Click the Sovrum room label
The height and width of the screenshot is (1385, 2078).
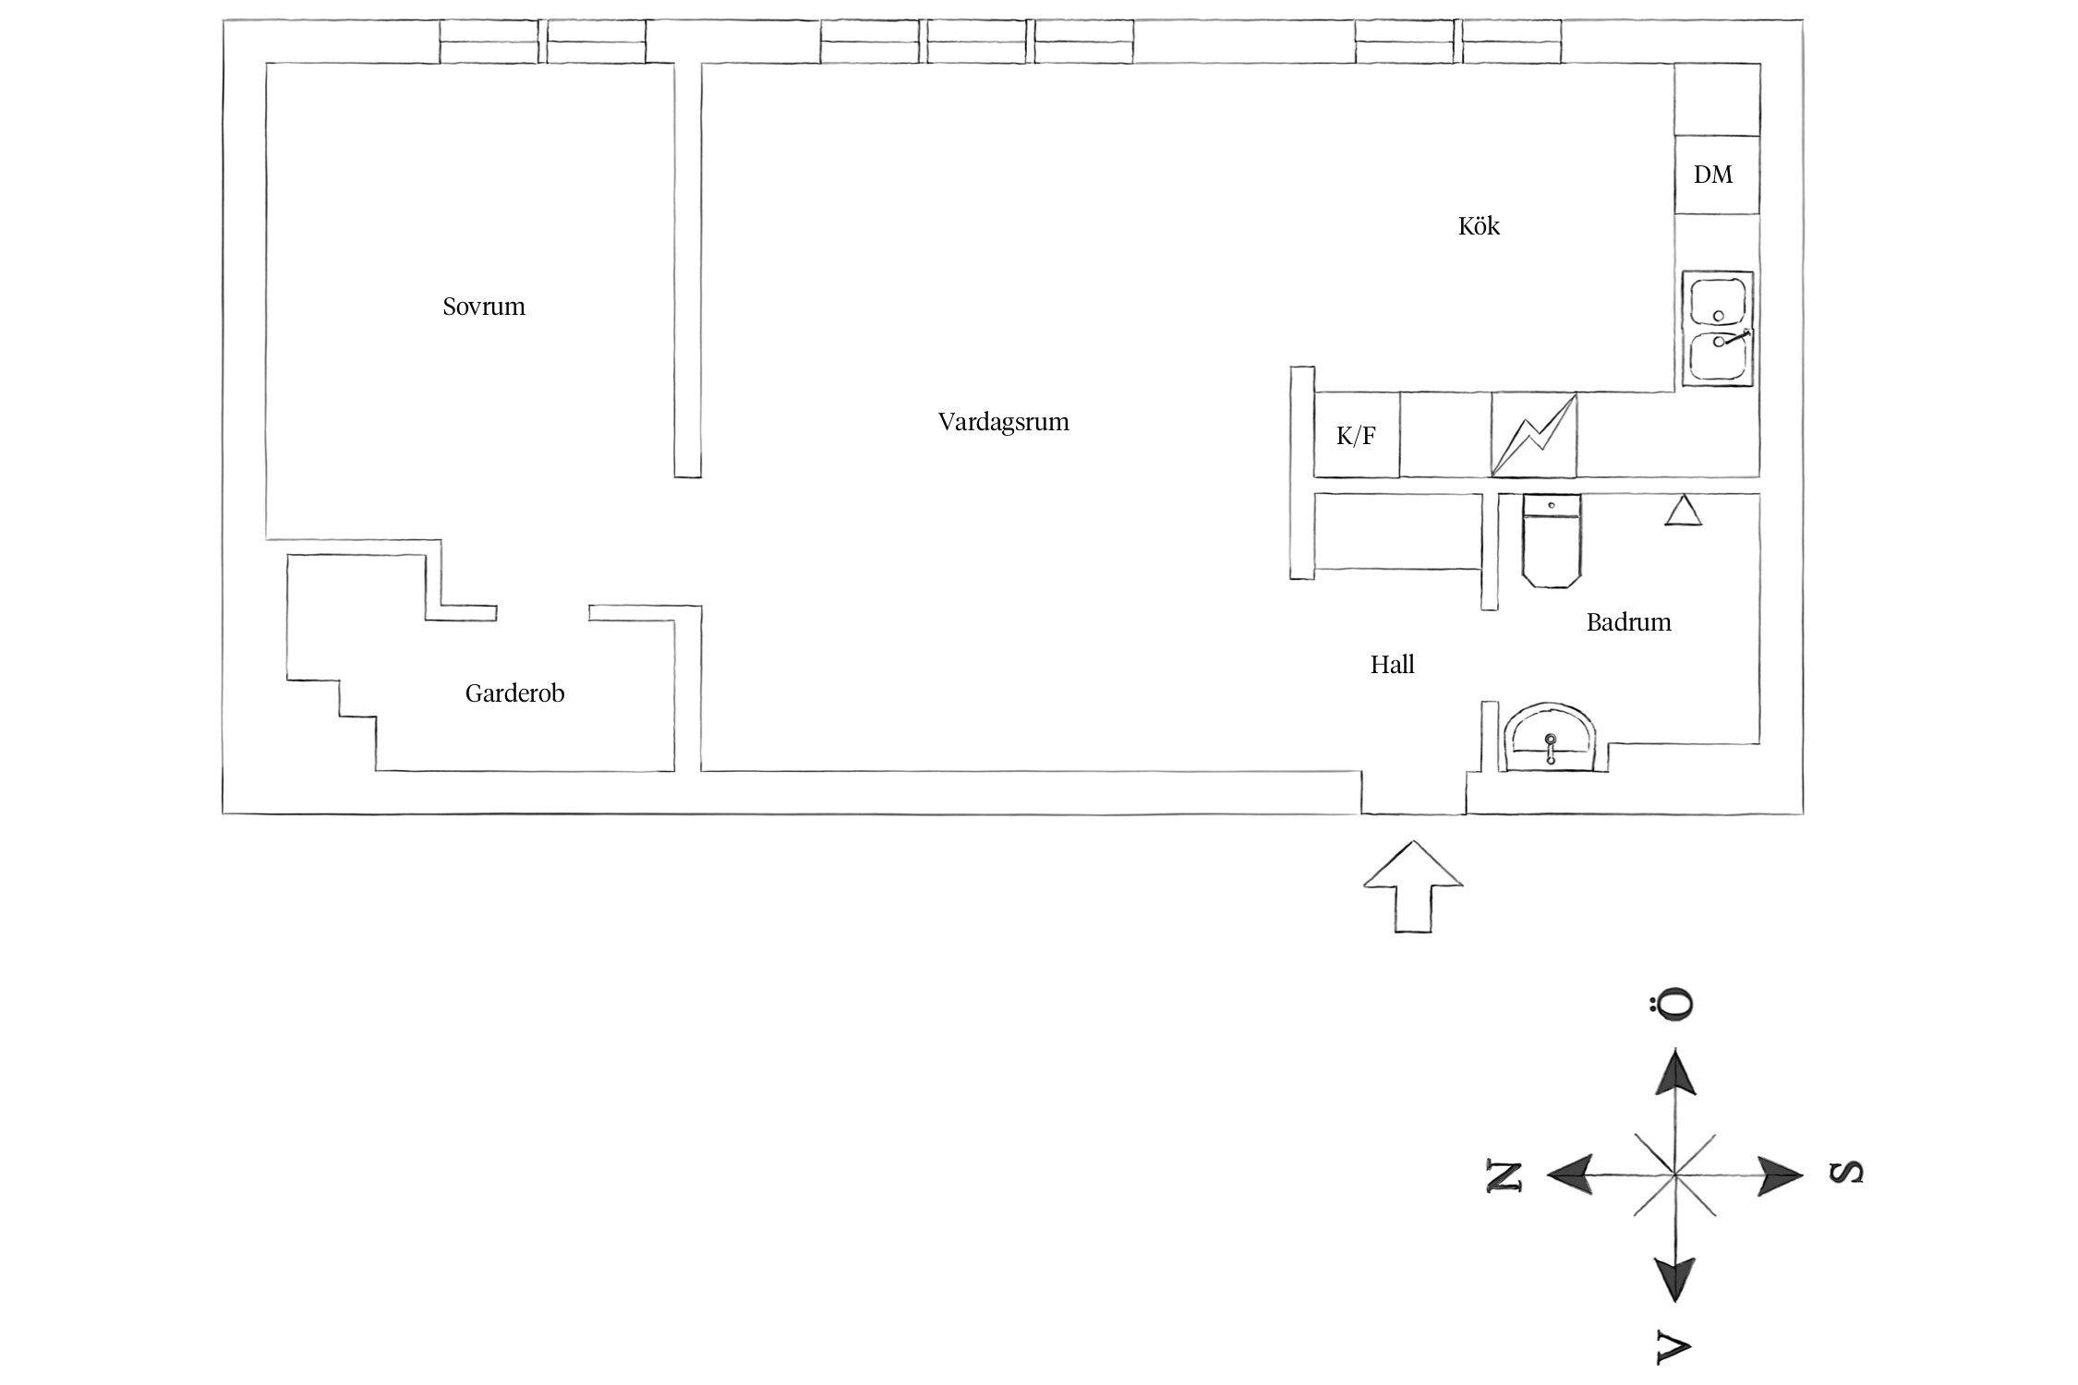483,307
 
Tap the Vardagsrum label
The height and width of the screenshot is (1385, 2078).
1003,422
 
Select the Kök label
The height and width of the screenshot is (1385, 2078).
1479,226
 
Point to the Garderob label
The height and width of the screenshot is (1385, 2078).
514,693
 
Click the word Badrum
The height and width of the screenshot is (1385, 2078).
1628,622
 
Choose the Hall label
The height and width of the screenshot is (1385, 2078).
1392,665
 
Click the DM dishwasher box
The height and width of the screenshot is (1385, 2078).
1715,175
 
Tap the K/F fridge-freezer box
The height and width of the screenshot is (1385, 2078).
1356,436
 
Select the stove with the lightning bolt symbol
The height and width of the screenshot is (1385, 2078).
1534,436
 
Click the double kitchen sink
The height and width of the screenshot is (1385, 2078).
1717,328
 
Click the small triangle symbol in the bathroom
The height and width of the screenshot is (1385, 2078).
1683,512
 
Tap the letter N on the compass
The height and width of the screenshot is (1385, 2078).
1503,1175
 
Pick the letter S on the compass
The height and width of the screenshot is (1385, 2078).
1845,1173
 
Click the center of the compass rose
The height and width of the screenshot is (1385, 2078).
1673,1175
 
